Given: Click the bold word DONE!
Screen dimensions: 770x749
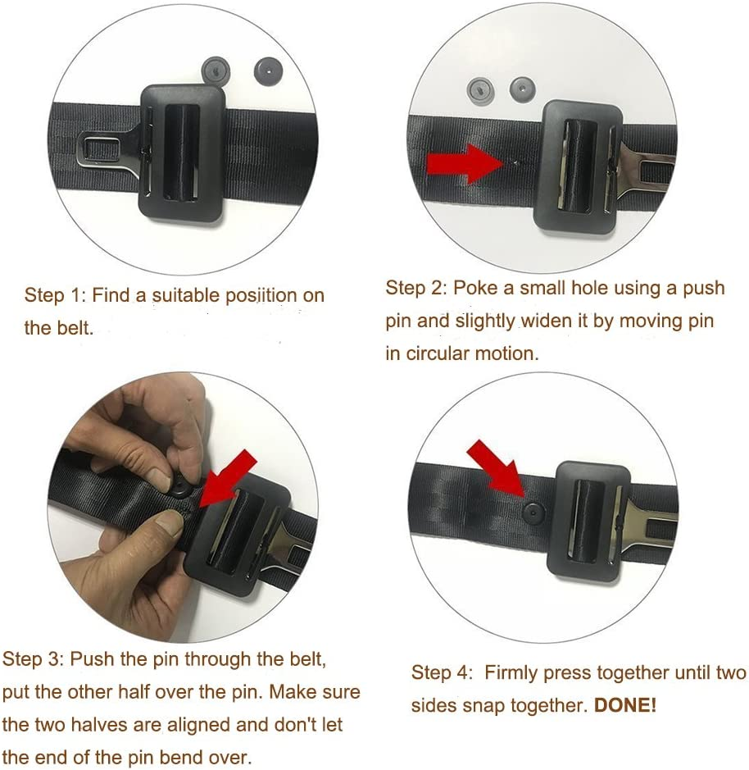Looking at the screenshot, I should tap(625, 704).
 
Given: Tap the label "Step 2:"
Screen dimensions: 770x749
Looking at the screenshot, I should tap(415, 288).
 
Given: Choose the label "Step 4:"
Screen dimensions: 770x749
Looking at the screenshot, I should tap(442, 673).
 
